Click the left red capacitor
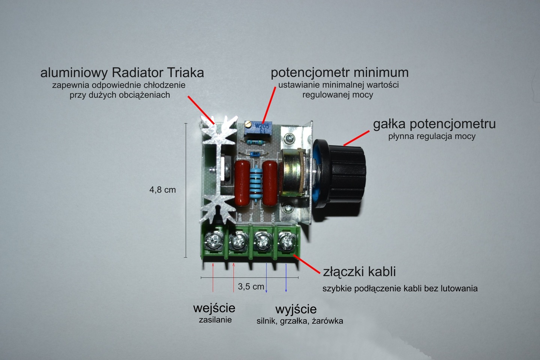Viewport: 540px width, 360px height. coord(243,183)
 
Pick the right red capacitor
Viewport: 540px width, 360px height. coord(270,183)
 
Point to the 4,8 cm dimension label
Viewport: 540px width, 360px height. coord(162,190)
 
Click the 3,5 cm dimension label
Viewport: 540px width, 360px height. coord(251,287)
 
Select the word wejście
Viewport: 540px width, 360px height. coord(214,308)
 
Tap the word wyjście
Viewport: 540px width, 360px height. coord(296,309)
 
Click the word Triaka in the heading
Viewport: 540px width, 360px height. coord(183,72)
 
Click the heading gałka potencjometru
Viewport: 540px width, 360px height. coord(434,124)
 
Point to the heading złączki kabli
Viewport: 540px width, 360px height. coord(359,271)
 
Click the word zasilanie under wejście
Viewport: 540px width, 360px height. coord(215,320)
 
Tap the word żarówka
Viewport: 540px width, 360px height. coord(327,321)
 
